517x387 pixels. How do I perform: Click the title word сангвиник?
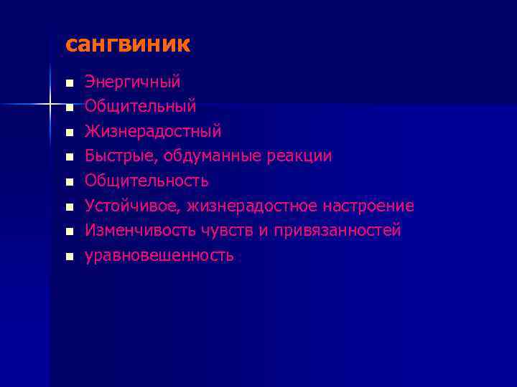128,45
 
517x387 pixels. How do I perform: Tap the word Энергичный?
132,82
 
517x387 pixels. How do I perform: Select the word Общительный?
140,107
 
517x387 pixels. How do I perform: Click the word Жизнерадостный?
153,132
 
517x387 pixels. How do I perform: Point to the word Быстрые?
121,156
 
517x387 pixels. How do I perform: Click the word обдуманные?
219,156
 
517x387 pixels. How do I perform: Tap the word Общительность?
146,181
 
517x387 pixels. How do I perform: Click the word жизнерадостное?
252,206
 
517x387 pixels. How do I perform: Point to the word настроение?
368,206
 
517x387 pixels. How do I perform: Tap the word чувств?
218,231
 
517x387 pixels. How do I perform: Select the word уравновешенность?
159,255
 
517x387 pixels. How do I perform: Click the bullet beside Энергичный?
68,83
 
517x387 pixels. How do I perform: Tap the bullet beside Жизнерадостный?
68,133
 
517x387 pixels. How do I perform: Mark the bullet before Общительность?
68,182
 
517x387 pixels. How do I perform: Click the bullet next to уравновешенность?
68,256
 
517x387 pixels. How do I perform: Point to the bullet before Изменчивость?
68,231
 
